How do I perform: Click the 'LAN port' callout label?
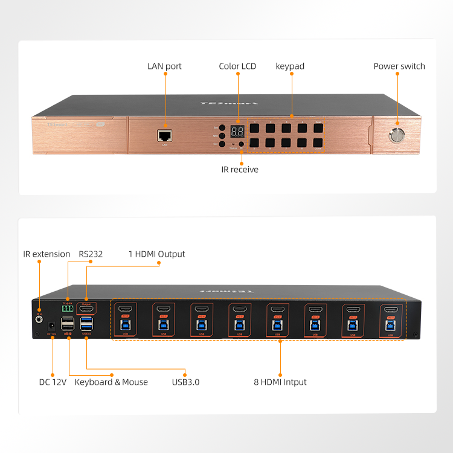pyautogui.click(x=164, y=66)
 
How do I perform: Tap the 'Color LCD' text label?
pyautogui.click(x=237, y=66)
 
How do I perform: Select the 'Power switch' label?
pyautogui.click(x=399, y=66)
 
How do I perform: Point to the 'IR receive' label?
pyautogui.click(x=240, y=170)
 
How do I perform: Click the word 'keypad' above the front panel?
pyautogui.click(x=290, y=66)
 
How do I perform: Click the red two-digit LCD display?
pyautogui.click(x=237, y=132)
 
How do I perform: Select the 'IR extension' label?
pyautogui.click(x=47, y=254)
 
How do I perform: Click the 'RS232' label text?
pyautogui.click(x=91, y=254)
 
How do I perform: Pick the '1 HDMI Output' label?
pyautogui.click(x=156, y=254)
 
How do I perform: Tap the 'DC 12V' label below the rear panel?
pyautogui.click(x=53, y=382)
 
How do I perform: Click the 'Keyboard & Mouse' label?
pyautogui.click(x=111, y=382)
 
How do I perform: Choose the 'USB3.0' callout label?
pyautogui.click(x=185, y=382)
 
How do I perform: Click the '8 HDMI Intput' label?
pyautogui.click(x=280, y=382)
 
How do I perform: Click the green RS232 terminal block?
pyautogui.click(x=68, y=308)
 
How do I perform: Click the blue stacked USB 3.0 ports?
pyautogui.click(x=86, y=323)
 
